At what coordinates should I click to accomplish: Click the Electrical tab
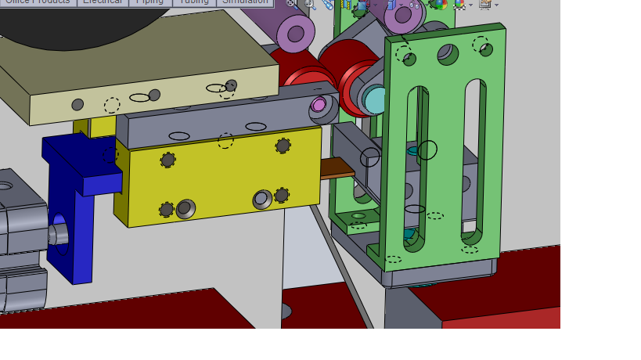pyautogui.click(x=103, y=2)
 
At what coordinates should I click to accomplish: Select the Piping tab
pyautogui.click(x=149, y=2)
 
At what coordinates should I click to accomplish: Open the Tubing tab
pyautogui.click(x=194, y=2)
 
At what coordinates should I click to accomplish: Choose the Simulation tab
pyautogui.click(x=245, y=2)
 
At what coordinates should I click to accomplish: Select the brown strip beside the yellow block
pyautogui.click(x=337, y=168)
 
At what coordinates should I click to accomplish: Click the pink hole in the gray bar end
pyautogui.click(x=319, y=104)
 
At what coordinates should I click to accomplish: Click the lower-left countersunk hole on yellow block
pyautogui.click(x=185, y=208)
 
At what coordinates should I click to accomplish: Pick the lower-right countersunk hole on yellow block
pyautogui.click(x=262, y=200)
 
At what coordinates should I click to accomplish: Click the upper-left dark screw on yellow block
pyautogui.click(x=167, y=160)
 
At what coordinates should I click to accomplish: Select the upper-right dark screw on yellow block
pyautogui.click(x=283, y=146)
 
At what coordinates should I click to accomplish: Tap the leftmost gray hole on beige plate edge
pyautogui.click(x=77, y=104)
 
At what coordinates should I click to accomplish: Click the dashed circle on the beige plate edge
pyautogui.click(x=112, y=105)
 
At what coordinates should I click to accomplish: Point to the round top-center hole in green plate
pyautogui.click(x=448, y=53)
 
